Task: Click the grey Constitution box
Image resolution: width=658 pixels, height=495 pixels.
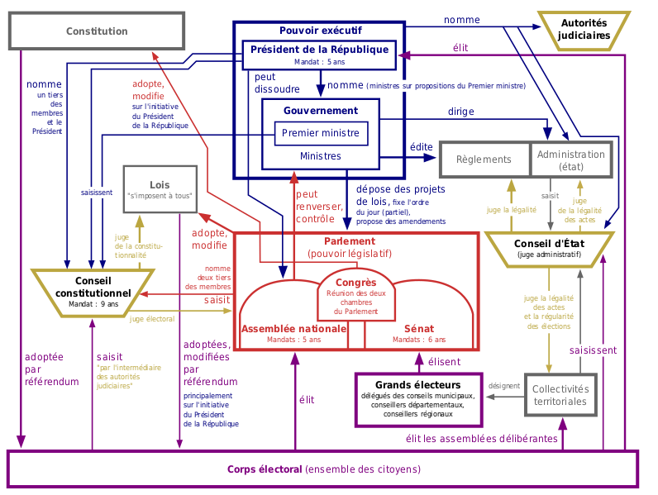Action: tap(97, 31)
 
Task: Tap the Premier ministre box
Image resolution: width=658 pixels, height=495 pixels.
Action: tap(320, 133)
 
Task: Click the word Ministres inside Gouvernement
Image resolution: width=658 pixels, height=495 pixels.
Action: tap(320, 156)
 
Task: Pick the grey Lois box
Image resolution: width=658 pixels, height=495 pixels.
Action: tap(160, 188)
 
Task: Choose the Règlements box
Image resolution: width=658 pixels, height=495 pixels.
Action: tap(484, 159)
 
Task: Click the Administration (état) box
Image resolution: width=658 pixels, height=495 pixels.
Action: tap(570, 159)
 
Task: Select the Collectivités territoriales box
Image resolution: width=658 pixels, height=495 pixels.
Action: tap(560, 395)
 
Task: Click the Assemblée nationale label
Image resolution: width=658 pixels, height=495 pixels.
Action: tap(293, 329)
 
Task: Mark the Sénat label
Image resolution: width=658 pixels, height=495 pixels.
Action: tap(418, 329)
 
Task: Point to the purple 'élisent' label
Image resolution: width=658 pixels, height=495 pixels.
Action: tap(444, 361)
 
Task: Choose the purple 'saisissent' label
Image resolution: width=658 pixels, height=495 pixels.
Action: tap(592, 350)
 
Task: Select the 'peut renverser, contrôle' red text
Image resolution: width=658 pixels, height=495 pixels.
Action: tap(314, 207)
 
